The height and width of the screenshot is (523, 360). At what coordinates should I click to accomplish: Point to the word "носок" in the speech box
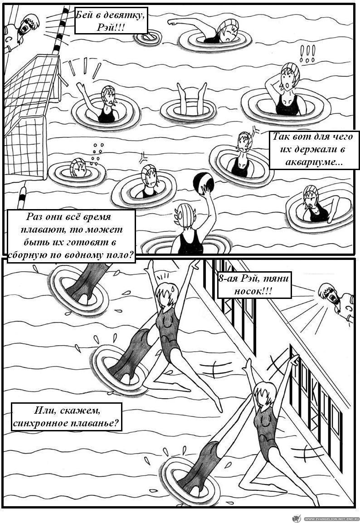point(250,291)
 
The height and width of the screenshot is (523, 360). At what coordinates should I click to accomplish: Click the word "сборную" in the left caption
point(27,255)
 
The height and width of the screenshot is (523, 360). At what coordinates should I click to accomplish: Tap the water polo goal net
point(28,113)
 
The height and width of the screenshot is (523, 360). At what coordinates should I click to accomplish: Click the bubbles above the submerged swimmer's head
point(97,154)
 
